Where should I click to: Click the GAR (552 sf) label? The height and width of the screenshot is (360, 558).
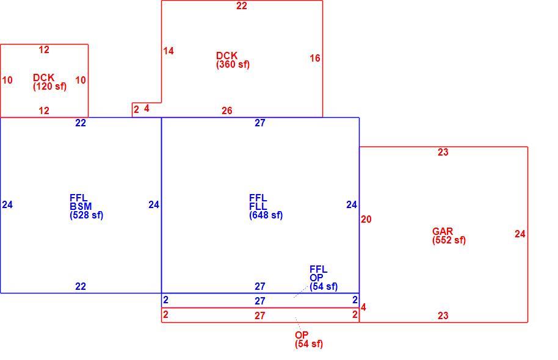(x=449, y=236)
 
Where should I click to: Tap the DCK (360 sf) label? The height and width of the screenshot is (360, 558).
(x=233, y=60)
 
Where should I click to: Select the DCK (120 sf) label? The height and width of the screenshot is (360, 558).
(x=49, y=82)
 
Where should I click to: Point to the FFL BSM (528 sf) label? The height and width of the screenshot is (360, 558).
(x=87, y=206)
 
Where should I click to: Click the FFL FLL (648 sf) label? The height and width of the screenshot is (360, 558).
(x=266, y=206)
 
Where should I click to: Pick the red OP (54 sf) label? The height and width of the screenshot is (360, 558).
(x=308, y=339)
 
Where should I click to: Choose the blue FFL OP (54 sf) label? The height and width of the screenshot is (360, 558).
(x=324, y=278)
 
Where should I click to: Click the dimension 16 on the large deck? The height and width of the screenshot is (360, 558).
(x=315, y=58)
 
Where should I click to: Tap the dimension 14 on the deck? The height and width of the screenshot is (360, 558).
(x=168, y=51)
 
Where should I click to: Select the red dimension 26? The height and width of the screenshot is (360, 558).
(x=227, y=110)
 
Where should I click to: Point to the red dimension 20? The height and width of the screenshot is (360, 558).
(x=366, y=220)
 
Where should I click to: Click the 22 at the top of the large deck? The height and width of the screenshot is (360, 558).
(x=242, y=5)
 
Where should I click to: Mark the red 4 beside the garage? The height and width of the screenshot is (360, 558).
(x=363, y=308)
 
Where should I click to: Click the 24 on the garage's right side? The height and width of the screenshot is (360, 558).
(x=520, y=234)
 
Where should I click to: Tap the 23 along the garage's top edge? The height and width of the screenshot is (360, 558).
(x=443, y=153)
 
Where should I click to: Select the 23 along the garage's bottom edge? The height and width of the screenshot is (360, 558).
(x=443, y=315)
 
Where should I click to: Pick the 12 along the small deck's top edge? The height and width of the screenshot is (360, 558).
(x=44, y=50)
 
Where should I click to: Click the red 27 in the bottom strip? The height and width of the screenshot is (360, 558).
(x=260, y=315)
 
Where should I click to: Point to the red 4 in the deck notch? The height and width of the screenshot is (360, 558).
(x=147, y=109)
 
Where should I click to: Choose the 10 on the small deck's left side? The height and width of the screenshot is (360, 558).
(x=7, y=80)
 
